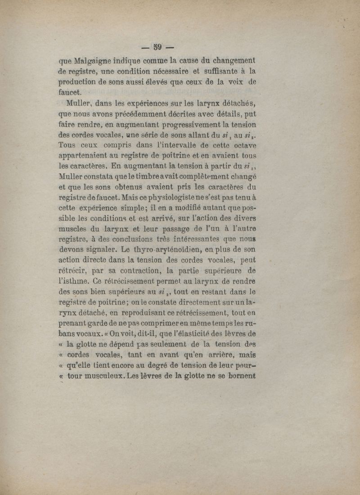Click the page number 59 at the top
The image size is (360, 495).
pyautogui.click(x=157, y=46)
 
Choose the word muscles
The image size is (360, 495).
pyautogui.click(x=73, y=229)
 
